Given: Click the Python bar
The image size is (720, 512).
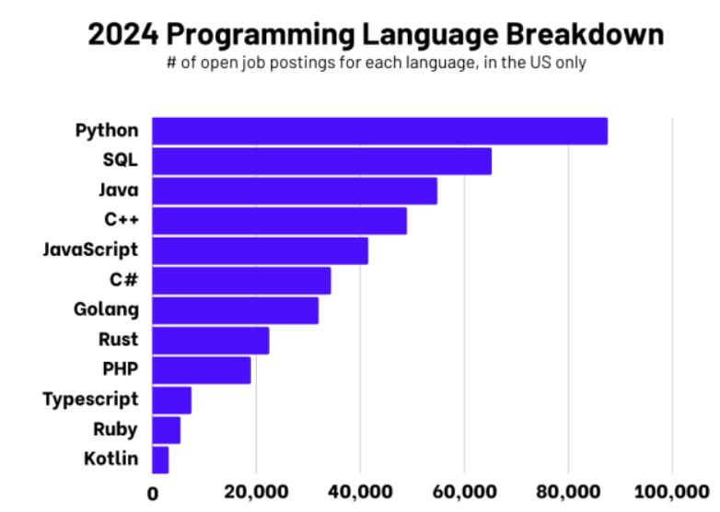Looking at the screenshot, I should click(379, 131).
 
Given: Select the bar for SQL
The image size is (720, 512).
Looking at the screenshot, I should click(321, 161).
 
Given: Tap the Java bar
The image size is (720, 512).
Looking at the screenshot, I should click(295, 191).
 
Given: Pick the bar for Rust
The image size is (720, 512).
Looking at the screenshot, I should click(210, 340).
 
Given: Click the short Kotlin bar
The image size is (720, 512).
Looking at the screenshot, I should click(160, 459).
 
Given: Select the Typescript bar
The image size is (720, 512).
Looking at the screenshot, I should click(171, 400).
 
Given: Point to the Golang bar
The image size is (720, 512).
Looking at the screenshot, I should click(235, 310).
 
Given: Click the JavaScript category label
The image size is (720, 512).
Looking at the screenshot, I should click(90, 250).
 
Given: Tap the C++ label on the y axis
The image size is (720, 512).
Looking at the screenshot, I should click(121, 220).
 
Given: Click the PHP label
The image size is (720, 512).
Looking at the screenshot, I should click(120, 369).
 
